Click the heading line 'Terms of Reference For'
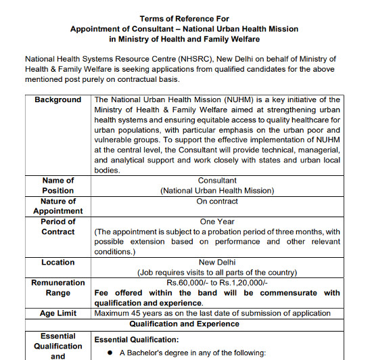click(x=184, y=18)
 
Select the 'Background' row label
click(x=58, y=99)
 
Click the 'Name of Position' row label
click(x=58, y=185)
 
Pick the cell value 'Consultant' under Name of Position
click(x=217, y=181)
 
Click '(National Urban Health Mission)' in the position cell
click(x=217, y=191)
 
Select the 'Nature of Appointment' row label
click(x=58, y=206)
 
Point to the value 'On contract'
click(x=217, y=201)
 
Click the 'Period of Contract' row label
click(x=58, y=226)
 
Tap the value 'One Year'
click(x=217, y=221)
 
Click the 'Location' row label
click(x=58, y=262)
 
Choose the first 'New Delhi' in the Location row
click(x=217, y=262)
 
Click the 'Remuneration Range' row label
click(x=58, y=288)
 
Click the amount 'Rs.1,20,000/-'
click(x=242, y=282)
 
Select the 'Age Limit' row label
click(x=58, y=313)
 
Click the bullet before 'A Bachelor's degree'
click(x=110, y=353)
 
